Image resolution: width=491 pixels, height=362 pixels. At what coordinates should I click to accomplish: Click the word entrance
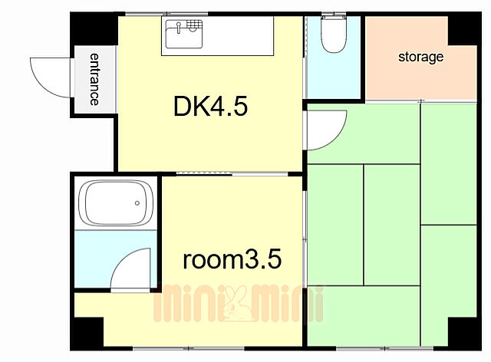(x=94, y=79)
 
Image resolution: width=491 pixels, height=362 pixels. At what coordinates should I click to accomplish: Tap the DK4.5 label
(x=210, y=107)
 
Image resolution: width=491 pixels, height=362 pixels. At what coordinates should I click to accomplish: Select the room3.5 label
(x=232, y=259)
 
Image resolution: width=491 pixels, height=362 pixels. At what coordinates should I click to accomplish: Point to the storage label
(x=420, y=57)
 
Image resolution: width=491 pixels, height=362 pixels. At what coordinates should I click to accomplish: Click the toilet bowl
(x=334, y=35)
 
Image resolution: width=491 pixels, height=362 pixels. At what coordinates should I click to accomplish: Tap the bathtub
(x=116, y=202)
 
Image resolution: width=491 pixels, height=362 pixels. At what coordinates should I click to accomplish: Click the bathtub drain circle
(x=137, y=203)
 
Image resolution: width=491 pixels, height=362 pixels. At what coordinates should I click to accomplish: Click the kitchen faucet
(x=179, y=28)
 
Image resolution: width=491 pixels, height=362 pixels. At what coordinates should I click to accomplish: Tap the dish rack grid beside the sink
(x=194, y=24)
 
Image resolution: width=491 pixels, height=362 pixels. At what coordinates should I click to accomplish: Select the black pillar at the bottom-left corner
(x=87, y=334)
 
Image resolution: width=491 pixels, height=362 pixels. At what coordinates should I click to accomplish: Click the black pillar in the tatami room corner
(x=465, y=334)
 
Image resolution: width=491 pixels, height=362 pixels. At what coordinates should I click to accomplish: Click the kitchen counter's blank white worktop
(x=238, y=36)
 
